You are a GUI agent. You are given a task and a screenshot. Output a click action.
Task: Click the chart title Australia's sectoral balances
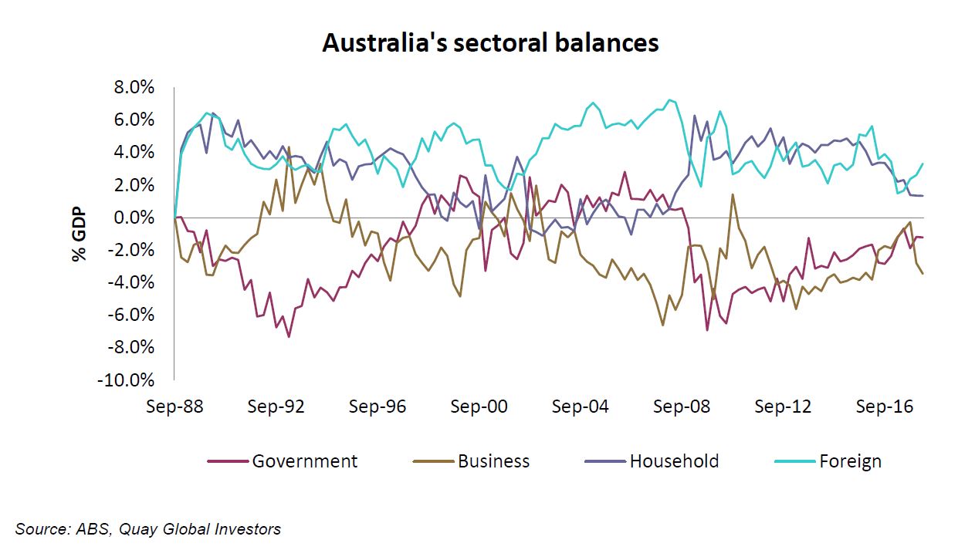[490, 42]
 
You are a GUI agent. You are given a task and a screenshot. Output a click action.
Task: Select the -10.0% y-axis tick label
[126, 380]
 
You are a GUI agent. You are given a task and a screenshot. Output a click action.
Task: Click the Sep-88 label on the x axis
[174, 407]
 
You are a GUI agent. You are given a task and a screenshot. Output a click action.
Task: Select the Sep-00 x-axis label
[479, 407]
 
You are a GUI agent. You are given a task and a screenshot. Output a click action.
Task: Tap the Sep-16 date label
[885, 407]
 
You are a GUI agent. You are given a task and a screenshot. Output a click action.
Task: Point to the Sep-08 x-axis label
[682, 407]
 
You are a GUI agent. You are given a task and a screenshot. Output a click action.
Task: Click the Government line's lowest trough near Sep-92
[289, 336]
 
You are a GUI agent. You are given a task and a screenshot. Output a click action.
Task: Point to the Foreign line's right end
[923, 164]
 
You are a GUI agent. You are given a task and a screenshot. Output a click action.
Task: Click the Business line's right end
[923, 274]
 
